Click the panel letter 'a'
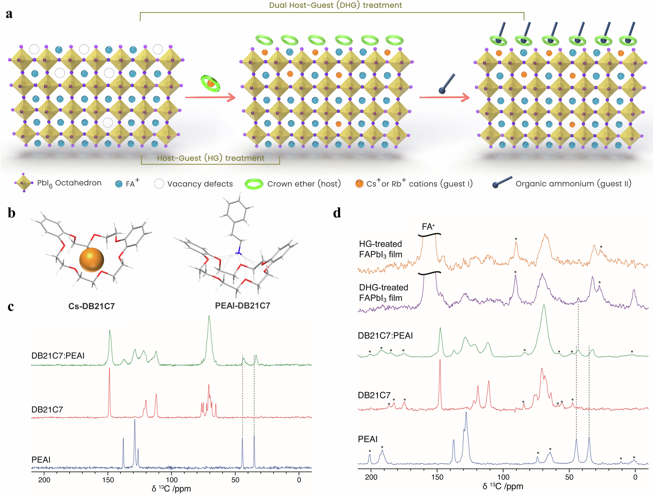9,14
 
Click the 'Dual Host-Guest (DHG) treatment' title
335,5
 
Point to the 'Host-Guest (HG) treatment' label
211,158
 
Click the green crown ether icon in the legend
254,184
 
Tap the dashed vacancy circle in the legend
159,184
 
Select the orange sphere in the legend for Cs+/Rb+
359,184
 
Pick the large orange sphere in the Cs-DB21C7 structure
91,260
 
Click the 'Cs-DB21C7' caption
91,306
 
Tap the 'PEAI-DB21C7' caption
243,306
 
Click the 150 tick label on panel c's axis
108,480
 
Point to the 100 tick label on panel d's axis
503,477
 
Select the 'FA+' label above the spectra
428,227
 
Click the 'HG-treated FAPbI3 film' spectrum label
380,249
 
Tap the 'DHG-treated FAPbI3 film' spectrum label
383,293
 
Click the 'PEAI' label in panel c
41,460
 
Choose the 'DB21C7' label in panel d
374,395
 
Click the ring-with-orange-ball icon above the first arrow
210,84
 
